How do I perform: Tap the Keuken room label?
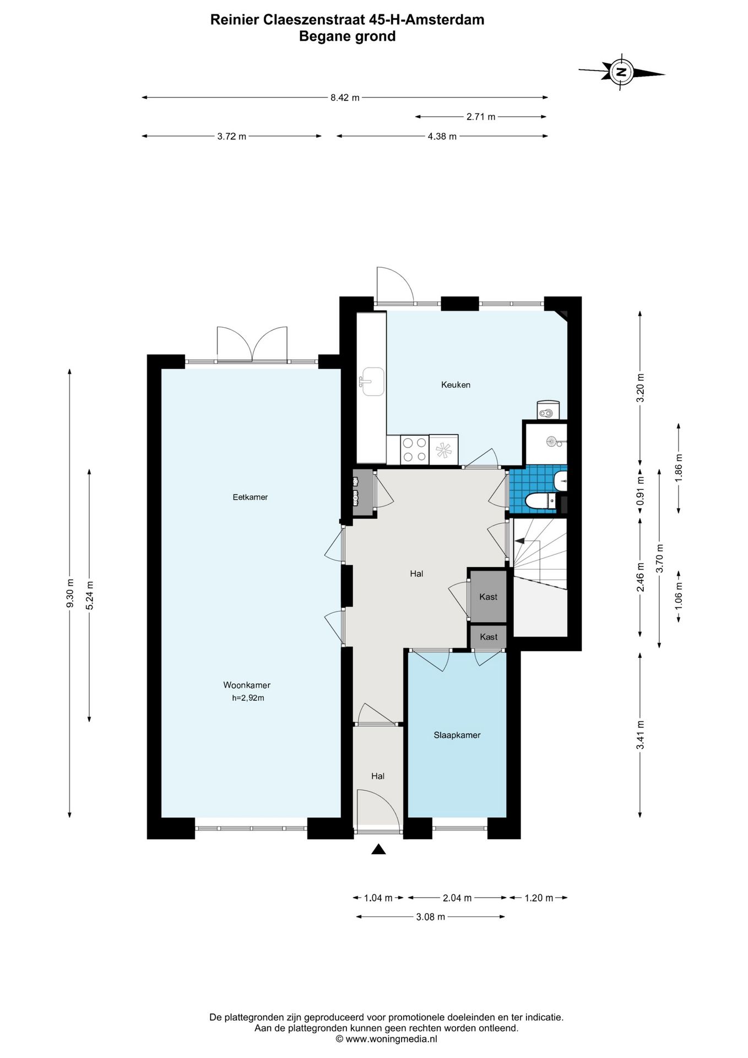(456, 385)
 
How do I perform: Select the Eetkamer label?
(250, 497)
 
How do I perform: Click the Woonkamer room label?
(247, 685)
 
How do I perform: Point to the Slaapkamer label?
(457, 735)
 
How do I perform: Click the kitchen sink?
(372, 382)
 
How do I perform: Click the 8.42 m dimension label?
(345, 98)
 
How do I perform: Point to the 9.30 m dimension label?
(70, 592)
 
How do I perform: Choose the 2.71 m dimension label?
(481, 117)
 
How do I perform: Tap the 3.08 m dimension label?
(430, 917)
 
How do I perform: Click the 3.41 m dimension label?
(640, 735)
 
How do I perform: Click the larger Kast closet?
(487, 596)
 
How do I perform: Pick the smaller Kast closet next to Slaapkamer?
(489, 636)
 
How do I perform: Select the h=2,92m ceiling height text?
(248, 698)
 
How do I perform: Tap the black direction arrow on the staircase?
(519, 542)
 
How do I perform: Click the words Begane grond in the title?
(347, 36)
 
